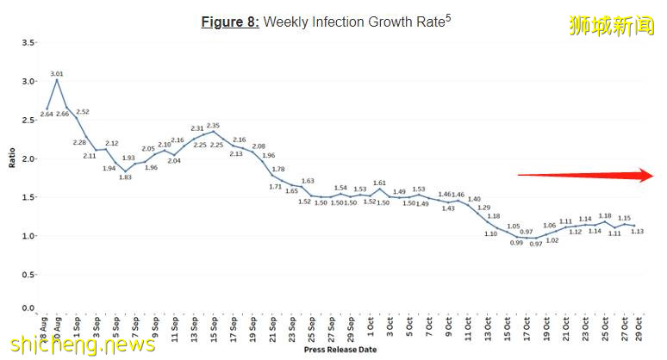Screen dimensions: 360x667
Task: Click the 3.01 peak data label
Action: coord(57,74)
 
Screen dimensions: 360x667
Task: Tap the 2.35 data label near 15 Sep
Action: coord(213,126)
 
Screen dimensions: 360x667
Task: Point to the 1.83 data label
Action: coord(125,177)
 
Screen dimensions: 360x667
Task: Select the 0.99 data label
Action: coord(517,243)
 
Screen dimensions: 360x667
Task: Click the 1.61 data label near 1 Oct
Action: coord(379,183)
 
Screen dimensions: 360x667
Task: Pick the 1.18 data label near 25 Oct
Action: coord(606,216)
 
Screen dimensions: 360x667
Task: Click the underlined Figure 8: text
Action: coord(229,22)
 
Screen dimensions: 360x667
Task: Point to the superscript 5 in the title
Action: coord(448,16)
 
